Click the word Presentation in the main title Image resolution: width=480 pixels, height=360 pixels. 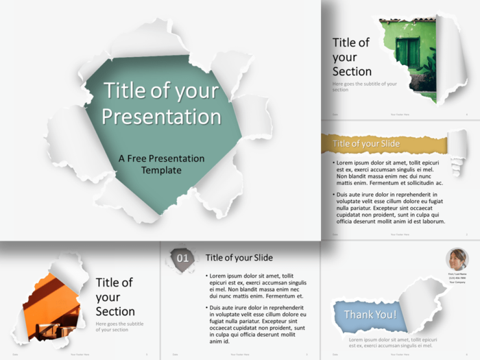tap(162, 116)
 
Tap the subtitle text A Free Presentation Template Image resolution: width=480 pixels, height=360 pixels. tap(161, 164)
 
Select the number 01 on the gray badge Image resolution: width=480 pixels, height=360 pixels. tap(182, 259)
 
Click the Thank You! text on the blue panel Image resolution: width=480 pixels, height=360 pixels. tap(370, 315)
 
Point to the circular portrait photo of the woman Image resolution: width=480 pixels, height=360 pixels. tap(457, 259)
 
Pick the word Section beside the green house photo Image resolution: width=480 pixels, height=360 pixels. tap(352, 71)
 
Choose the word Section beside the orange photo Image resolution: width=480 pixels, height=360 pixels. tap(115, 311)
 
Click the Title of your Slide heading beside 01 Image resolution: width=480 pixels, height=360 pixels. tap(239, 258)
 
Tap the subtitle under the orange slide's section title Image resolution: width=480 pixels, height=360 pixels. tap(119, 326)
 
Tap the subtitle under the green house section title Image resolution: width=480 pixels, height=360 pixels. tap(363, 86)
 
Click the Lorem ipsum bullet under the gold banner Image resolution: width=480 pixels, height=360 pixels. tap(389, 173)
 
